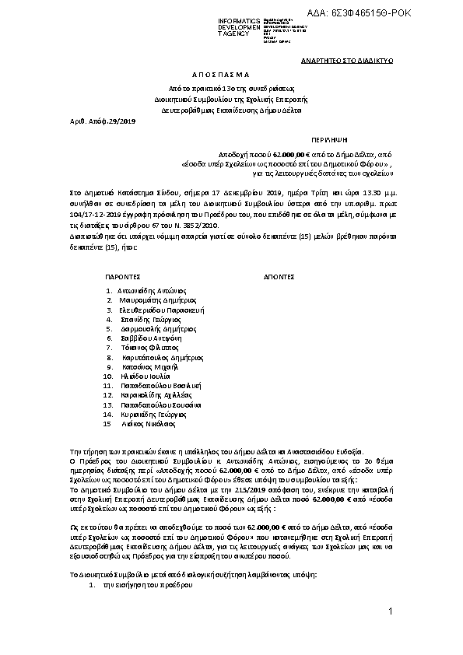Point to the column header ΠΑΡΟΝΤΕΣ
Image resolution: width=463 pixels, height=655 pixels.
[x=122, y=275]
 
